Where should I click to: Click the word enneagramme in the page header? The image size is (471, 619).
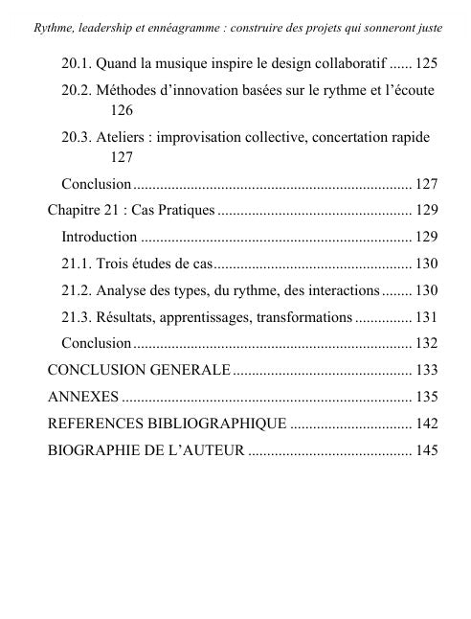click(x=192, y=12)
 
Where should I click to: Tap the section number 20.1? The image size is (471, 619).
click(x=77, y=63)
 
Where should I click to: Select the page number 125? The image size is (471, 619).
click(x=426, y=63)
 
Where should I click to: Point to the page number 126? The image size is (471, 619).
click(x=122, y=111)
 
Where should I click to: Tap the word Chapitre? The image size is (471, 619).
click(x=76, y=210)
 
